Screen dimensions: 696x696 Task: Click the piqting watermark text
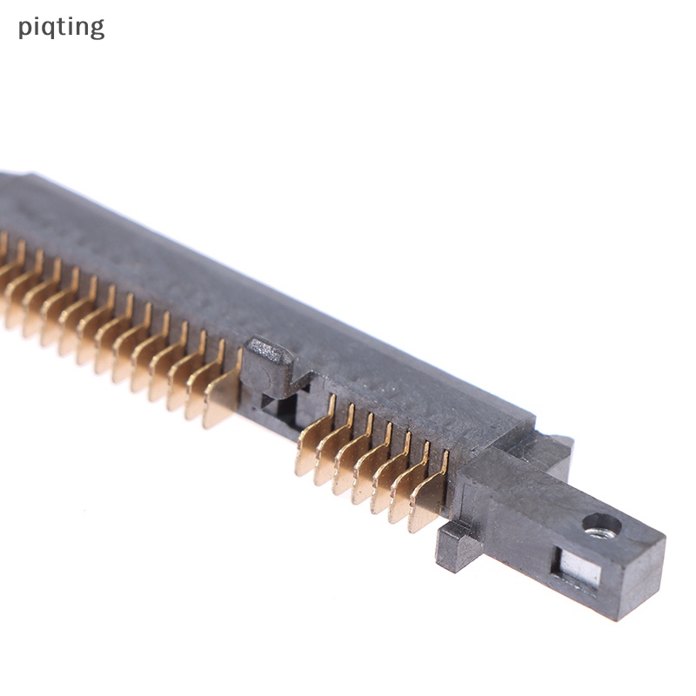[61, 28]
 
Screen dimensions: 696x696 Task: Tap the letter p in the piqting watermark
[24, 30]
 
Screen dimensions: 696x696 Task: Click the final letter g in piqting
[97, 30]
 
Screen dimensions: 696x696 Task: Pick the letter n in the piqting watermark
[82, 28]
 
